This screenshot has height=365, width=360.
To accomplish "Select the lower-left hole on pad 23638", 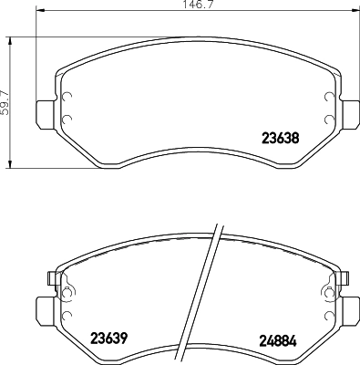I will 67,119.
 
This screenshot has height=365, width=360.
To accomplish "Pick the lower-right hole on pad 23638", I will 328,119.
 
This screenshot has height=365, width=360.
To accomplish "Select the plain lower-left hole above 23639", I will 67,315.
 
